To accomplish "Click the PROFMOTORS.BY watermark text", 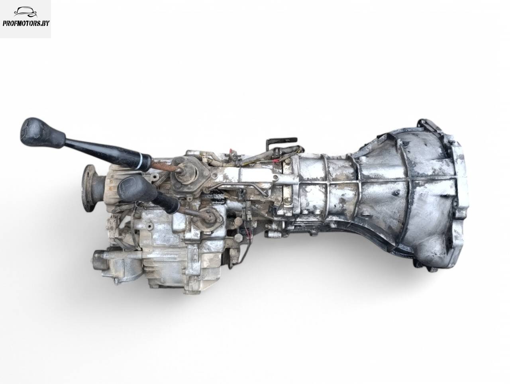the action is coord(26,23).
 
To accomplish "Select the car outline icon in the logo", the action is coord(26,12).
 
